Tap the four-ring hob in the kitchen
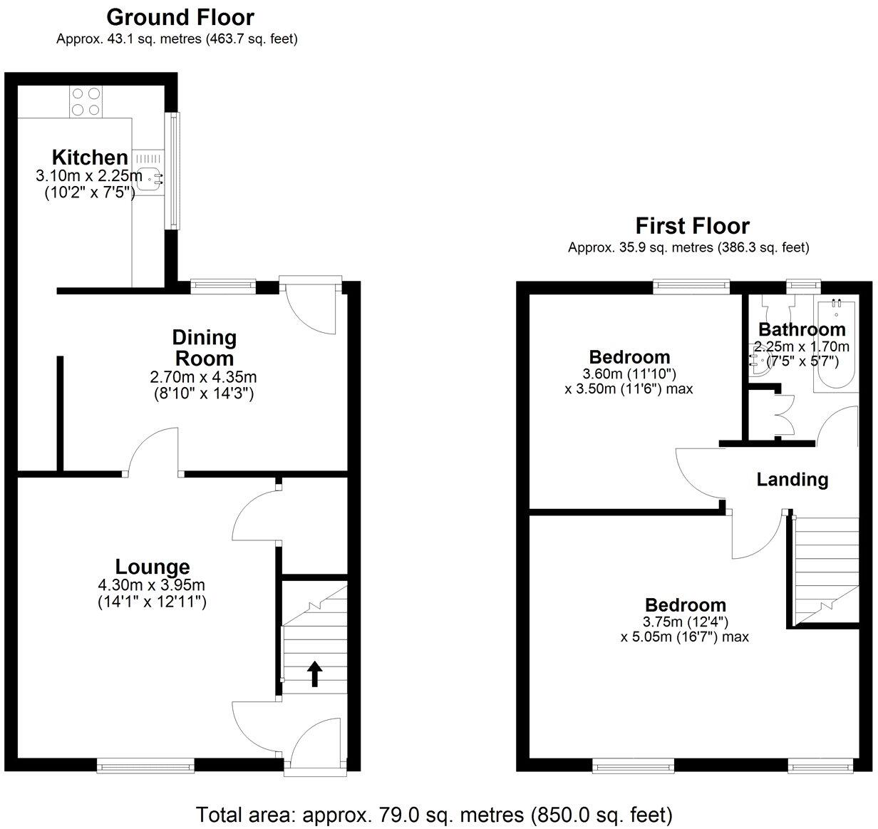86,101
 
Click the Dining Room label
204,348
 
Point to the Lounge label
153,567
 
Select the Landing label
792,480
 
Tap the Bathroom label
801,329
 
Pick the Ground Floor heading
180,16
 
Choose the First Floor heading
692,226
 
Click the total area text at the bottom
433,813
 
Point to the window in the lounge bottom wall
146,766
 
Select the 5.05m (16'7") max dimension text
684,637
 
